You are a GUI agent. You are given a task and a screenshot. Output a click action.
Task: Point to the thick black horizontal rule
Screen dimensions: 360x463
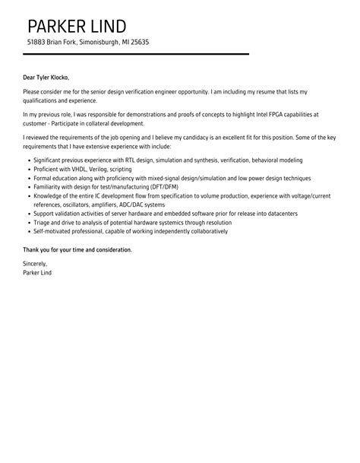(136, 54)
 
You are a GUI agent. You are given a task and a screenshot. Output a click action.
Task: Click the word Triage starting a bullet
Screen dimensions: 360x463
(44, 222)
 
